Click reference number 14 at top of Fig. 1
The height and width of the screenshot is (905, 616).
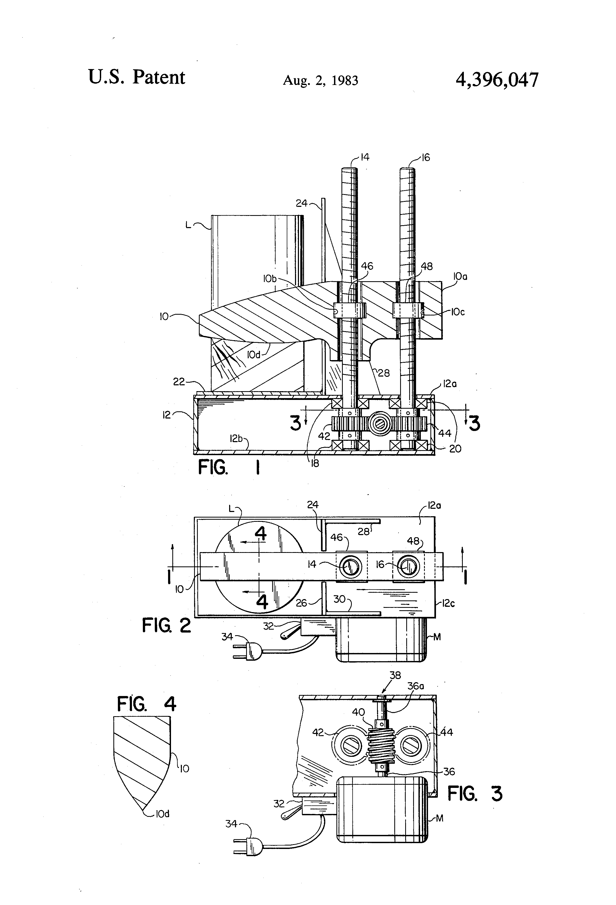point(365,157)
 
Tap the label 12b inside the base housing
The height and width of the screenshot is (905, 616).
point(236,438)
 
